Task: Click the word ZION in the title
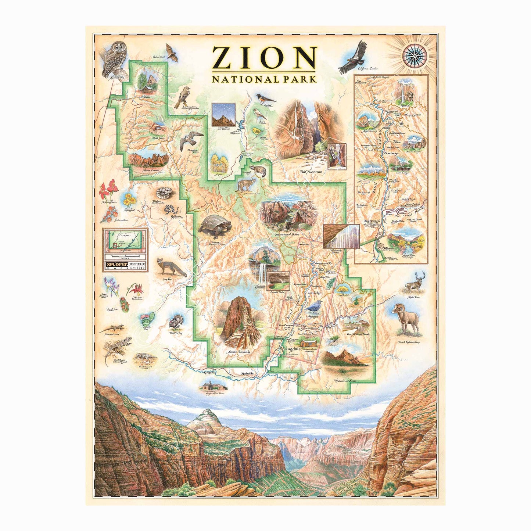pos(264,58)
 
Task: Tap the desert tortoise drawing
pos(215,225)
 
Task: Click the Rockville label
pos(248,374)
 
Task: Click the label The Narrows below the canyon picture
pos(311,172)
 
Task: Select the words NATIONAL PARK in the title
pos(264,79)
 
